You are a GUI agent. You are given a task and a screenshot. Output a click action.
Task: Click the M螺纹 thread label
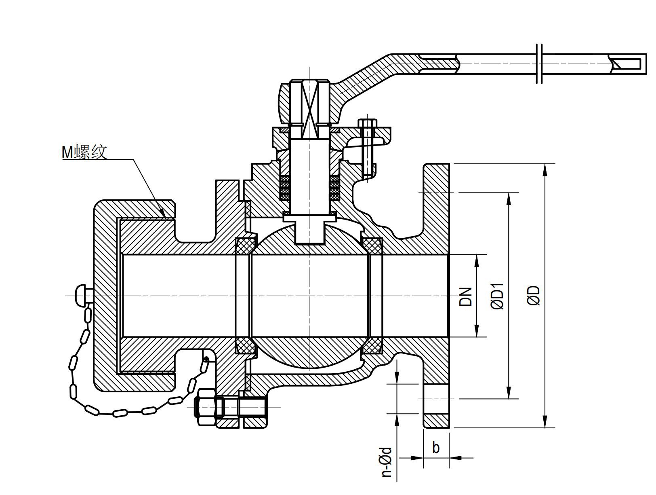84,152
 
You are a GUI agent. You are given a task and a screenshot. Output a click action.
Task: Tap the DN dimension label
466,296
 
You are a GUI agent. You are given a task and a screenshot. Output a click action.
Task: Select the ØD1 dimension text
498,296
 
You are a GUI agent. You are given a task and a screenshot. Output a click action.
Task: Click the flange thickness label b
436,448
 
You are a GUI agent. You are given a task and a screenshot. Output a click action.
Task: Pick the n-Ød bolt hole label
387,462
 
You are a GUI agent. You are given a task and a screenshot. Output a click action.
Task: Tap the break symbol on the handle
539,63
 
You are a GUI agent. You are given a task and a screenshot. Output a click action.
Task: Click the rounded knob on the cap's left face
80,296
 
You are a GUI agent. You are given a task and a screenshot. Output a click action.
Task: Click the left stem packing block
285,188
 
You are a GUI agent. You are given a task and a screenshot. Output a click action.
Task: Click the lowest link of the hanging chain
120,413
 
